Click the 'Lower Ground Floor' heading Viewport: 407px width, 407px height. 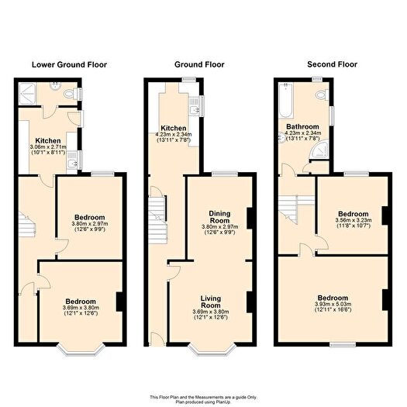70,64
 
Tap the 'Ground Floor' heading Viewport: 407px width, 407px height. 199,64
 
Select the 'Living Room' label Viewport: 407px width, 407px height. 211,302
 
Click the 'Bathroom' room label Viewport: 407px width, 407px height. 302,126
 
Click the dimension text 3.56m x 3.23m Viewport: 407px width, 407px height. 353,219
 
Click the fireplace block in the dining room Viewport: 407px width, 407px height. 248,216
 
